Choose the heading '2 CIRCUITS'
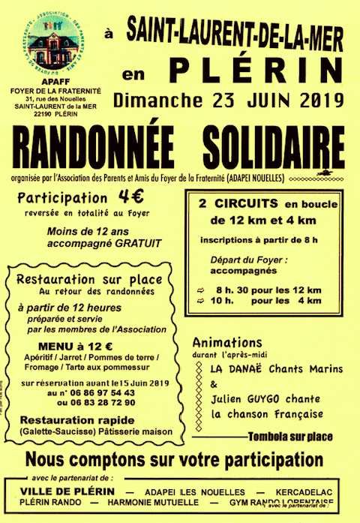click(228, 203)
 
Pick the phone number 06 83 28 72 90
click(102, 402)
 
